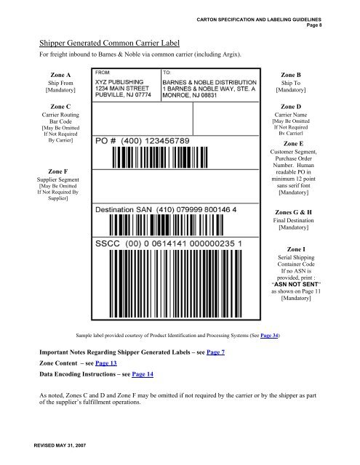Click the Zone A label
coord(58,74)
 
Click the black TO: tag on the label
coord(167,73)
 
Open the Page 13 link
coord(107,363)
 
